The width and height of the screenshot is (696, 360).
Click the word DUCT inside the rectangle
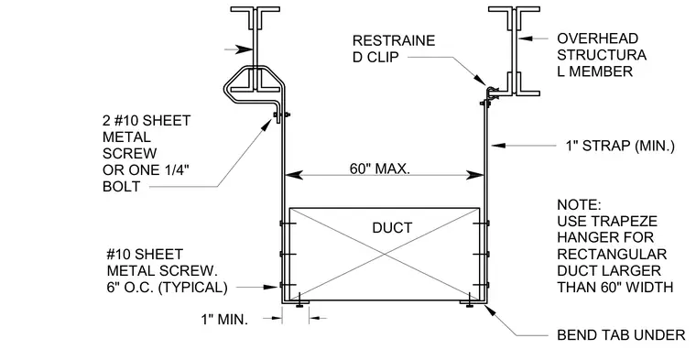(x=392, y=228)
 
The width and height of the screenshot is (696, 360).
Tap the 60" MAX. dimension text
(x=379, y=169)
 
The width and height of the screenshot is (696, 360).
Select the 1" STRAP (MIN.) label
(x=620, y=146)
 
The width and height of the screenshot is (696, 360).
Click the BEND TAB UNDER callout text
(x=622, y=335)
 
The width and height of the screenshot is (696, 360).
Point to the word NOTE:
(x=580, y=205)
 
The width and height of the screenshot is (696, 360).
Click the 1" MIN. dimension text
(x=224, y=319)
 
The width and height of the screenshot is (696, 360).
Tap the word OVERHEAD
(x=597, y=38)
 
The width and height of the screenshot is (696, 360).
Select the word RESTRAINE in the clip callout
(x=394, y=40)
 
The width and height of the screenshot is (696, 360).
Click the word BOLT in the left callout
(x=121, y=187)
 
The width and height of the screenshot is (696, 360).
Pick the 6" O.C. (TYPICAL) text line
(x=167, y=288)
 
